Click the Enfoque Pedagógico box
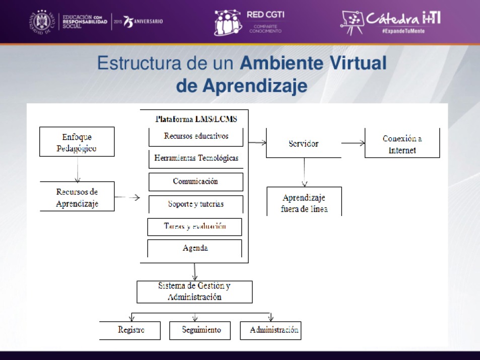(x=77, y=141)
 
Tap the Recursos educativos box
(x=196, y=136)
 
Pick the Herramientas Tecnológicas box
(x=196, y=158)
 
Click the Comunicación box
(x=196, y=182)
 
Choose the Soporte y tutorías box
(x=196, y=204)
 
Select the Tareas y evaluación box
(x=194, y=227)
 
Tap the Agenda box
(x=194, y=248)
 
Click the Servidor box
(x=304, y=143)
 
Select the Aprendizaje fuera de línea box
(x=304, y=202)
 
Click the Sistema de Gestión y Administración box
(x=194, y=292)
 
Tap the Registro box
(x=130, y=330)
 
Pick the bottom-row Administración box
(x=270, y=330)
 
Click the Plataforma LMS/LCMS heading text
(x=196, y=119)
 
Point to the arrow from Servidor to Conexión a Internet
(x=353, y=143)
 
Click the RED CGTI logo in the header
(x=249, y=22)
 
